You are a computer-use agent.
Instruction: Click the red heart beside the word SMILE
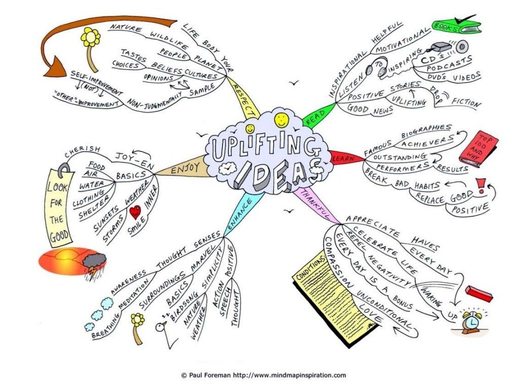[135, 212]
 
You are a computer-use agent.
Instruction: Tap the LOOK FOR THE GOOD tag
[60, 208]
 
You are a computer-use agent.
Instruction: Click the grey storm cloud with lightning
[94, 264]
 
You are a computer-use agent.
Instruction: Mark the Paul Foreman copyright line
[264, 375]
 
